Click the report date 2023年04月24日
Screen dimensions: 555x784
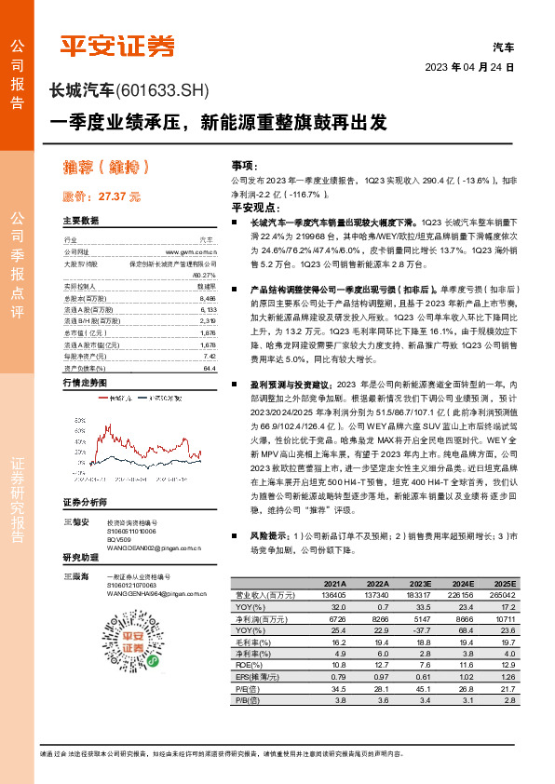tap(469, 68)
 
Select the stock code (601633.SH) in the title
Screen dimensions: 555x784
tap(163, 90)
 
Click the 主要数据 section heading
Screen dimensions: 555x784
tap(81, 221)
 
